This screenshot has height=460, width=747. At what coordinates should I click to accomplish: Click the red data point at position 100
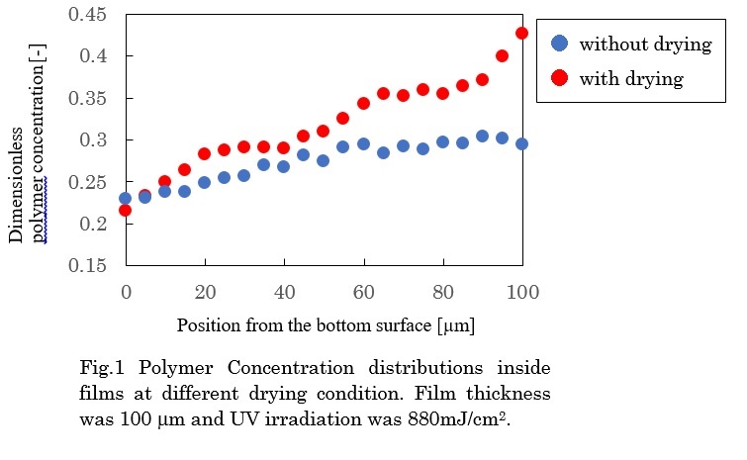522,33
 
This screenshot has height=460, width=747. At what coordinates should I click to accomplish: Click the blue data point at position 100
522,143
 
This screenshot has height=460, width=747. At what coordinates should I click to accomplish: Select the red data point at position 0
125,210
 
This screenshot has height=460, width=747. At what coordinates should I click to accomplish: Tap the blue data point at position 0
125,198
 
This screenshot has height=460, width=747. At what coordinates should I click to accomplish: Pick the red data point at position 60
363,103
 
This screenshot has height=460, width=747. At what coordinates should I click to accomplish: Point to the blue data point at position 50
324,160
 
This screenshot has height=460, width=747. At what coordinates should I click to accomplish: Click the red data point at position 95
503,55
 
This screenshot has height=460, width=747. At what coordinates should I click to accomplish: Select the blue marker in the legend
559,44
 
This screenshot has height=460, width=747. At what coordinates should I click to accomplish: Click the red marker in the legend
559,78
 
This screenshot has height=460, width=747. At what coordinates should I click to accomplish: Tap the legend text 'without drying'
645,44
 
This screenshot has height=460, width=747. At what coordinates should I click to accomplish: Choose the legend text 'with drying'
631,78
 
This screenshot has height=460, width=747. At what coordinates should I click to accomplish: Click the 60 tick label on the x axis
364,292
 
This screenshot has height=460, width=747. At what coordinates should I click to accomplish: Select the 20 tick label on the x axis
205,292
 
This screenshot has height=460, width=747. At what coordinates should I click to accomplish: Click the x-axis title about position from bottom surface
324,324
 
